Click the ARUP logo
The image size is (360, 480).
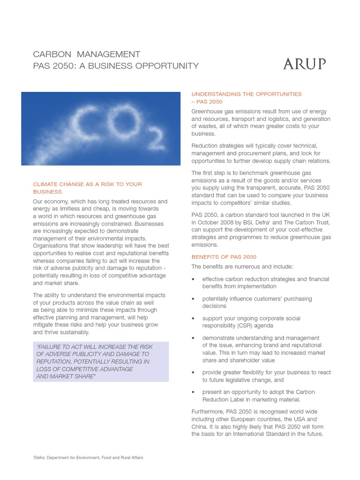point(304,64)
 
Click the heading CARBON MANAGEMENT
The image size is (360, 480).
point(87,54)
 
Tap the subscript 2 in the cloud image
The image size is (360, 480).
point(155,138)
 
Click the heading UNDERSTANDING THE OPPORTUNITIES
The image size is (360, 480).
point(247,94)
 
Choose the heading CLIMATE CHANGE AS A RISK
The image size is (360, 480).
point(87,184)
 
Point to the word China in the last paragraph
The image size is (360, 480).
point(199,427)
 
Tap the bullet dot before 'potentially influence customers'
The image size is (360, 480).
point(194,299)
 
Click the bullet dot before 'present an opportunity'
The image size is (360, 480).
point(194,392)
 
